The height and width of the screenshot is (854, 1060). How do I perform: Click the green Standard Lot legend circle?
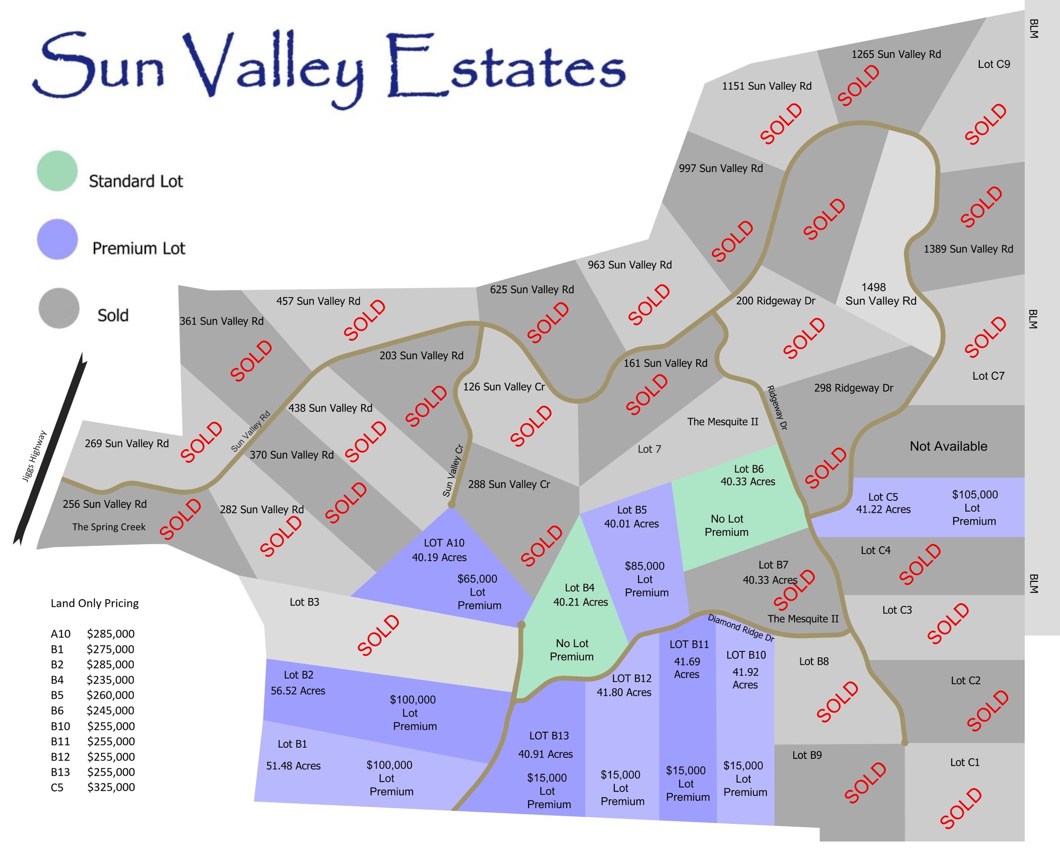57,171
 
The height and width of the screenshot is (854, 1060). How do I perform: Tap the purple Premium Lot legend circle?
57,239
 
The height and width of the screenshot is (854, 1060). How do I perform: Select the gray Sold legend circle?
59,308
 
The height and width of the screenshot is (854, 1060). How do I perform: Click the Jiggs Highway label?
34,456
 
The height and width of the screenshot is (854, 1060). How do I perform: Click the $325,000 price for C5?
111,787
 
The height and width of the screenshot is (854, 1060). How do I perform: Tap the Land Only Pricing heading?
95,603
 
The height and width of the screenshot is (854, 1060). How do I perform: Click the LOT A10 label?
444,542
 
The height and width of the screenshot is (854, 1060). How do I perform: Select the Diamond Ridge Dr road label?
741,627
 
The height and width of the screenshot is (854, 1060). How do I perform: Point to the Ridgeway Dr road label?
777,408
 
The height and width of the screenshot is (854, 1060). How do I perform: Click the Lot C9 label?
993,64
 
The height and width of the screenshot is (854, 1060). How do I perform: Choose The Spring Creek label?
109,527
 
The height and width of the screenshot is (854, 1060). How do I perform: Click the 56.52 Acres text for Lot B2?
298,691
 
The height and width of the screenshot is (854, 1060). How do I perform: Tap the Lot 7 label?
649,449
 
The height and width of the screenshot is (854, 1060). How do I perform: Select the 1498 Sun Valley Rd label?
880,294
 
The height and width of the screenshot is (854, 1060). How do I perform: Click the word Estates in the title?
506,67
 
